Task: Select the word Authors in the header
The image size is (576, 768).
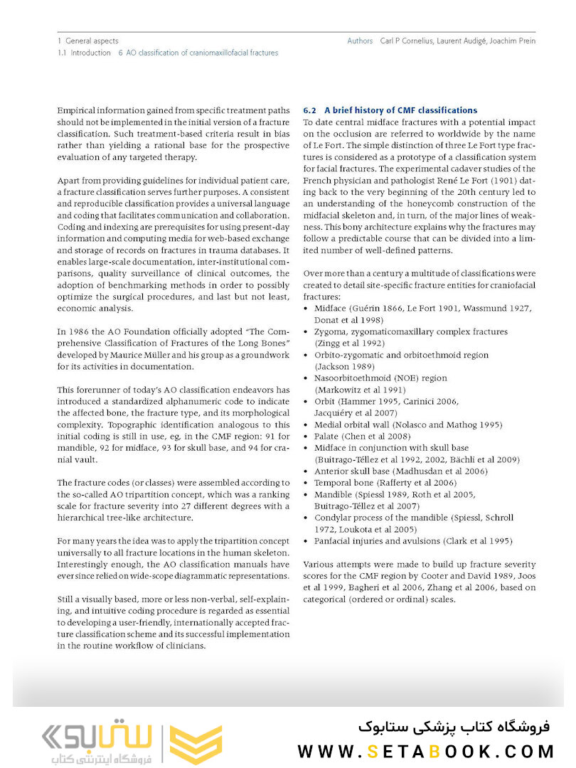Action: [360, 41]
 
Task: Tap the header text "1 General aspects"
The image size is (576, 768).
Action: [88, 41]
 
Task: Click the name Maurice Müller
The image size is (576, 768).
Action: [149, 354]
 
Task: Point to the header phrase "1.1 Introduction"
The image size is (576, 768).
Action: [85, 53]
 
